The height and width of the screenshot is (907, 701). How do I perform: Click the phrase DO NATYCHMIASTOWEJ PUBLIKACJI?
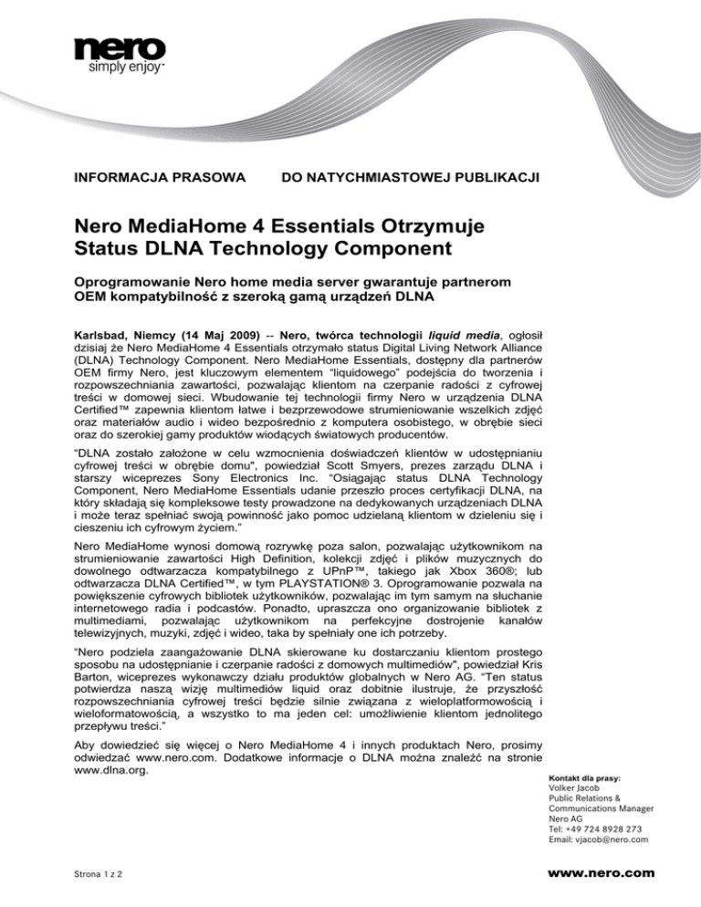click(411, 173)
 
